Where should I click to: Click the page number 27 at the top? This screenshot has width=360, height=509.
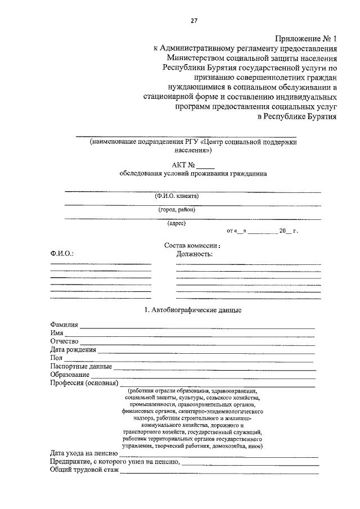click(193, 21)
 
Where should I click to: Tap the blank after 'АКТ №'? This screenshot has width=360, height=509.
click(205, 165)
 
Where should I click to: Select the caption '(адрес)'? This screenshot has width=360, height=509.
click(177, 223)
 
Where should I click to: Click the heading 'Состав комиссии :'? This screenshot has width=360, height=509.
click(192, 245)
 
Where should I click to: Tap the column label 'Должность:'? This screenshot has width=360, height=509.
click(194, 254)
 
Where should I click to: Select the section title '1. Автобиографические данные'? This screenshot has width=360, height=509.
click(193, 310)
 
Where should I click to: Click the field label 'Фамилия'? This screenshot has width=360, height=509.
click(64, 325)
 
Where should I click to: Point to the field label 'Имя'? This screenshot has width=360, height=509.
click(56, 333)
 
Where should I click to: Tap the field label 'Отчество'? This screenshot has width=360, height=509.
click(64, 341)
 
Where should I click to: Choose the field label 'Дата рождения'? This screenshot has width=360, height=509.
click(73, 350)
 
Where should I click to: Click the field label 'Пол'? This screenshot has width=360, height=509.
click(56, 358)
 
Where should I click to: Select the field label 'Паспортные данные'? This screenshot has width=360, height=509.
click(80, 367)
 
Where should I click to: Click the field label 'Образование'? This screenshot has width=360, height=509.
click(69, 375)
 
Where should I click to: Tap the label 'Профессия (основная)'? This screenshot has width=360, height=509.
click(83, 384)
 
